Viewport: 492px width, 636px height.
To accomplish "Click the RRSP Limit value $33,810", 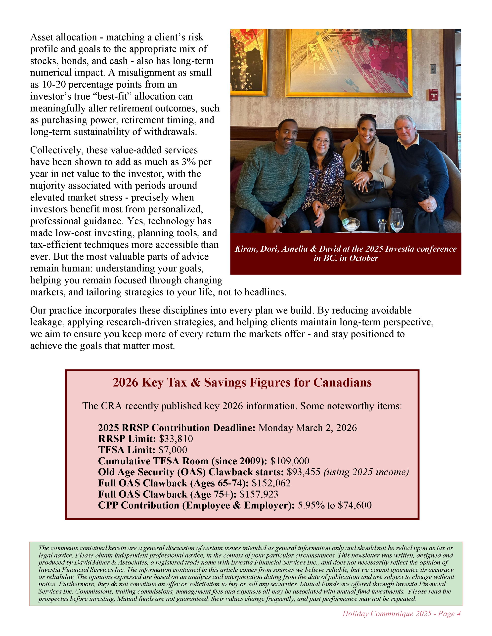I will (x=176, y=438).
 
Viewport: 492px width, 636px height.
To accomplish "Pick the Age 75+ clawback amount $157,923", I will (x=259, y=494).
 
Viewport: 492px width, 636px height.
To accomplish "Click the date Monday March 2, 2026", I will (x=308, y=428).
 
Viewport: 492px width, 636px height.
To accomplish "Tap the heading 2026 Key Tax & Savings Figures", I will (x=242, y=382).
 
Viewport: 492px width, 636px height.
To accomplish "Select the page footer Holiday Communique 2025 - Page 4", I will (x=401, y=614).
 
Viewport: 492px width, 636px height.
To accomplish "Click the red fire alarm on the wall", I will (x=434, y=95).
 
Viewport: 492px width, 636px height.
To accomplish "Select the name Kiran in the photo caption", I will (x=246, y=249).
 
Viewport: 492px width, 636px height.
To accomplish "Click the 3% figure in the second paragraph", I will (x=189, y=162).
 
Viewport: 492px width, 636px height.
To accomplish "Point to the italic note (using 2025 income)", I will (x=366, y=472).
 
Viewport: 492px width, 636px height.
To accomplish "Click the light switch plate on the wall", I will (x=433, y=69).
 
